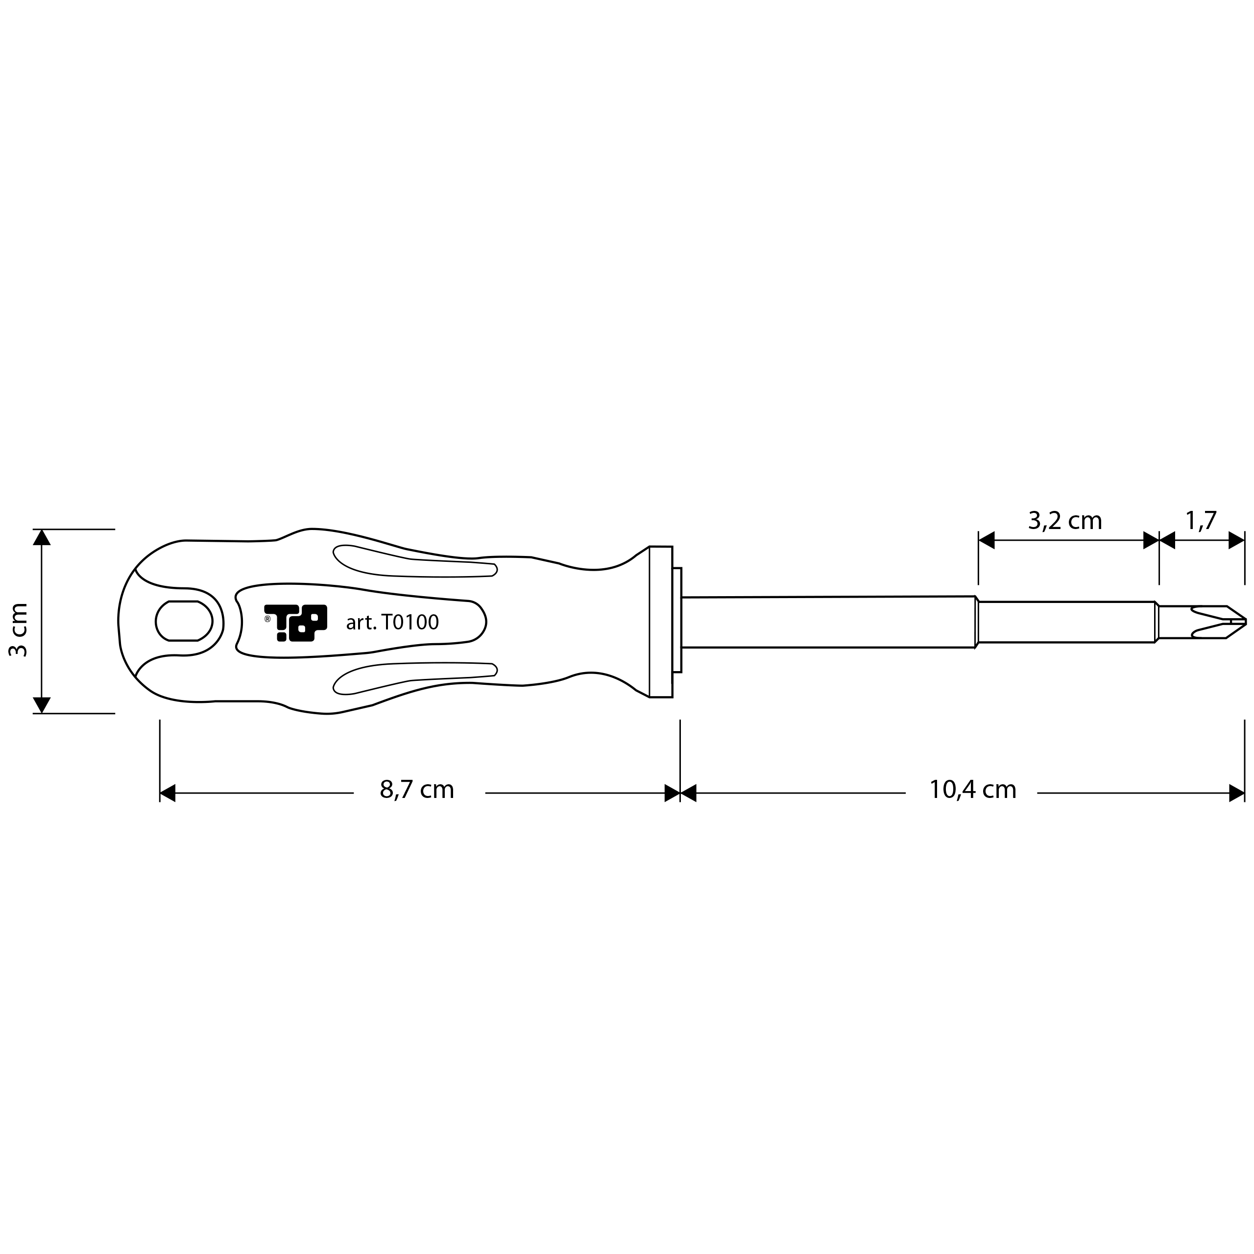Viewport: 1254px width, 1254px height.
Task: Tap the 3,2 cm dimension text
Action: pyautogui.click(x=1065, y=521)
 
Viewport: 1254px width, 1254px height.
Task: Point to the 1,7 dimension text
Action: pyautogui.click(x=1201, y=521)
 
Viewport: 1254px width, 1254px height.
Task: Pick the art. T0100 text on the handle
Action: pyautogui.click(x=393, y=623)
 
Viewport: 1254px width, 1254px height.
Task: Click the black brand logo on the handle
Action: pyautogui.click(x=296, y=623)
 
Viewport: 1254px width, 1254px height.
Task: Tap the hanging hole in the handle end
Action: pyautogui.click(x=184, y=621)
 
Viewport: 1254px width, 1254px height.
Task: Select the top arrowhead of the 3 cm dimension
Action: pyautogui.click(x=42, y=537)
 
